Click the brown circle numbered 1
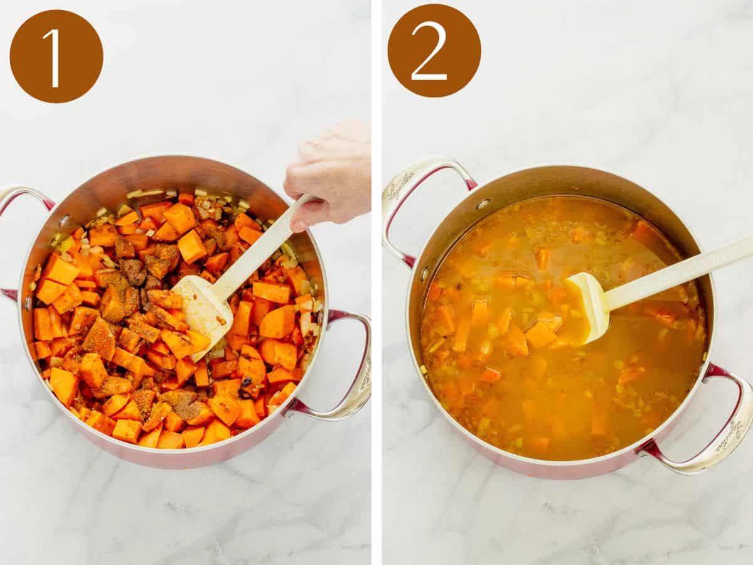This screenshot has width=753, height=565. click(x=56, y=56)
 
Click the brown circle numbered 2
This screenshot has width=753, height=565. click(x=434, y=50)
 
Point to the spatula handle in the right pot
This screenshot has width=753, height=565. click(x=678, y=273)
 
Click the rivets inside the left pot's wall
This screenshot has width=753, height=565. click(x=65, y=220)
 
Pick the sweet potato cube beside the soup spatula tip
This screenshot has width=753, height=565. click(x=540, y=335)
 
